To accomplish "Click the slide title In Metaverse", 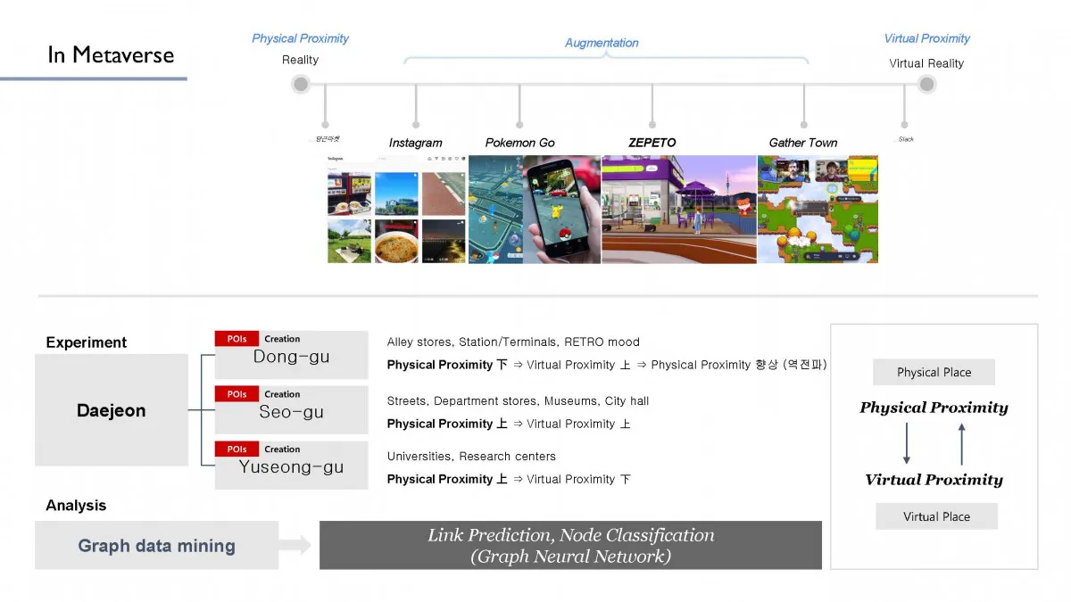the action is pos(111,54).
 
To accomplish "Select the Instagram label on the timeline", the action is pos(415,143).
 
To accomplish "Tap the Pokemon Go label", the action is pos(519,143).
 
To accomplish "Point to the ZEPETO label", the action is pos(652,143).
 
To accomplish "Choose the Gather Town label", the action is pos(803,143).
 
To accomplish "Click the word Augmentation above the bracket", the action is pos(602,43).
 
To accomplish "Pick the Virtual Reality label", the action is pos(926,63).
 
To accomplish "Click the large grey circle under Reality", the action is pos(301,85).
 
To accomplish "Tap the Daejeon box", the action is pos(112,411).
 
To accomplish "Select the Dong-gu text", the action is pos(291,357).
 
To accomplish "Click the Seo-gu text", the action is pos(291,412).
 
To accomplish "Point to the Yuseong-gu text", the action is pos(291,467).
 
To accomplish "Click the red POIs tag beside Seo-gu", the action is pos(237,394).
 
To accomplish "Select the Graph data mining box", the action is pos(156,546).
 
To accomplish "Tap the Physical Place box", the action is pos(934,373).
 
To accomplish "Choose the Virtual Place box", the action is pos(936,516).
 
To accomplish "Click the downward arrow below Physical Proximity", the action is pos(907,443).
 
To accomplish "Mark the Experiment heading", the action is pos(87,342).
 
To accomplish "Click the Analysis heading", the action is pos(76,506).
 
